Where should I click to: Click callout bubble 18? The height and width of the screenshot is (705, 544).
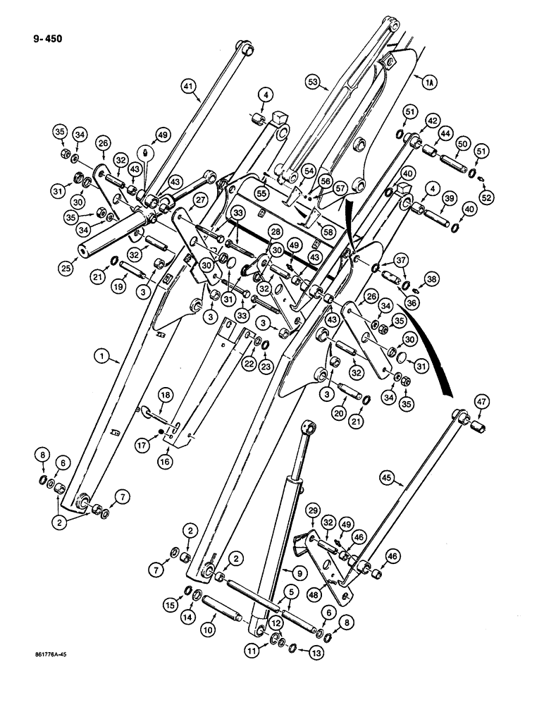coord(163,398)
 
